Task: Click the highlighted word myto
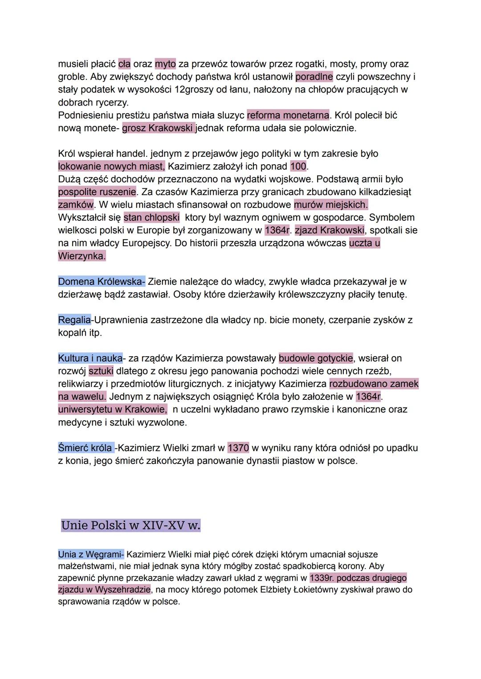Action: [x=165, y=64]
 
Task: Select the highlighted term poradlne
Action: [x=314, y=77]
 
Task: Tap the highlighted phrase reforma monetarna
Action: [x=288, y=115]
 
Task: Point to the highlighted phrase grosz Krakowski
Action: [x=158, y=128]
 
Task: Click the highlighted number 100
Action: [x=298, y=167]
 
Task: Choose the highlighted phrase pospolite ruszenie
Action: [x=97, y=192]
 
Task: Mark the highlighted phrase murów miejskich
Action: [x=331, y=205]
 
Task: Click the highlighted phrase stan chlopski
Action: [x=151, y=218]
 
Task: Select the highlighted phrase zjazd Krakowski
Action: [x=329, y=231]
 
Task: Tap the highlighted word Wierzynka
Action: [x=82, y=256]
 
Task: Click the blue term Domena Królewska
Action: [x=101, y=282]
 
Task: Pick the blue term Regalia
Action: [x=74, y=320]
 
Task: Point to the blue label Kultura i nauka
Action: [x=90, y=358]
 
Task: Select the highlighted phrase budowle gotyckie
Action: [x=316, y=358]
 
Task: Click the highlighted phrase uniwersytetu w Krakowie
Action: [x=112, y=410]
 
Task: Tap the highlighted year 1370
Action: [x=238, y=448]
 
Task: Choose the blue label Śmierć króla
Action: [x=86, y=448]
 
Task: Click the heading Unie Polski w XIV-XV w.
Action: [x=130, y=525]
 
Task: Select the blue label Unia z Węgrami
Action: [x=90, y=555]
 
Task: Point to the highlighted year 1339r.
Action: [x=322, y=578]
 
